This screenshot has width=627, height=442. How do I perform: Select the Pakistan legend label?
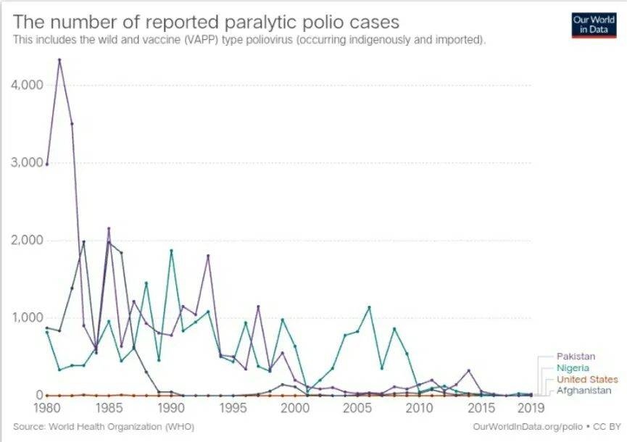tap(576, 356)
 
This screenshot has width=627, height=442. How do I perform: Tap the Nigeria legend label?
tap(573, 368)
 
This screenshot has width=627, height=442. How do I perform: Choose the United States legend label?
tap(587, 380)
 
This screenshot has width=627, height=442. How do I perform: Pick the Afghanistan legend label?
tap(584, 391)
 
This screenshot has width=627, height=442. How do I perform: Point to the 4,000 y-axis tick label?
tap(28, 85)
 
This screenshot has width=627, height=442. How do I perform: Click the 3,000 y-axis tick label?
tap(28, 162)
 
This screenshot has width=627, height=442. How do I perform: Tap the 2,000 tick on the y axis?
tap(28, 240)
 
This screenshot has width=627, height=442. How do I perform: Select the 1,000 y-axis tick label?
tap(28, 317)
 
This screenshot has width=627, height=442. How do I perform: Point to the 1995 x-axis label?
tap(233, 407)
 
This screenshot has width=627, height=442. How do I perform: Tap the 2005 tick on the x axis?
tap(357, 407)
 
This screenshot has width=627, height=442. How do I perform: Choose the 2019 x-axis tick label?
tap(531, 407)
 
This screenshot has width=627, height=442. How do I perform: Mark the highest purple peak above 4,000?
tap(59, 59)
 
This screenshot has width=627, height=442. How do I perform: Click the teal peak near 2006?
tap(370, 307)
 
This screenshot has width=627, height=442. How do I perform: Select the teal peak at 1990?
tap(171, 251)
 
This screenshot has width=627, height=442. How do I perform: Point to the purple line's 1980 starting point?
tap(47, 164)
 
